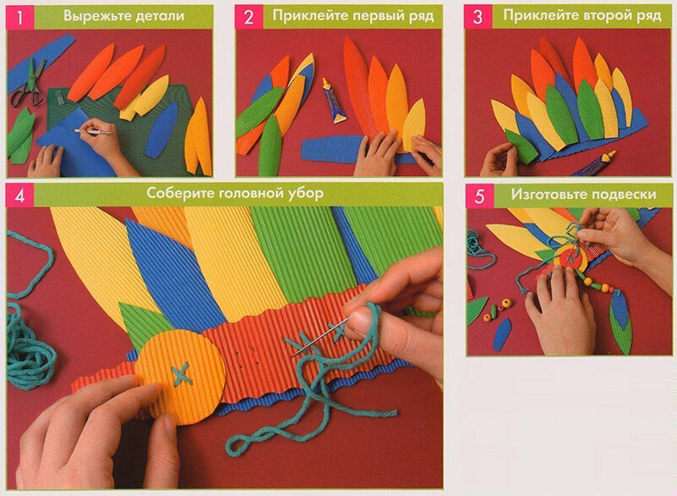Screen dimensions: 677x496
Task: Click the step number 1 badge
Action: click(19, 17)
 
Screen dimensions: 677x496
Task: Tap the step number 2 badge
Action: click(248, 17)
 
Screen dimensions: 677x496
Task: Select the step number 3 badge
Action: click(478, 17)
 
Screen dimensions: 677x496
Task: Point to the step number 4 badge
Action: click(19, 196)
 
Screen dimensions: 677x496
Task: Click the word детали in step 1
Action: click(160, 16)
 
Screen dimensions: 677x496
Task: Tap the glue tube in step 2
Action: click(333, 102)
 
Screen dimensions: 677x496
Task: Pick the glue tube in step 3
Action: click(597, 163)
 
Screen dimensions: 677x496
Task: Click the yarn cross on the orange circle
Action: click(181, 373)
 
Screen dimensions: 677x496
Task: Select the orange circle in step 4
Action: click(182, 374)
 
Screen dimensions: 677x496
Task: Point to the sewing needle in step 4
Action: click(320, 338)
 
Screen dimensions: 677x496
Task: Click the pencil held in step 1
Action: click(91, 130)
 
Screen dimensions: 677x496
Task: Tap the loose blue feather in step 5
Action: click(501, 333)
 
